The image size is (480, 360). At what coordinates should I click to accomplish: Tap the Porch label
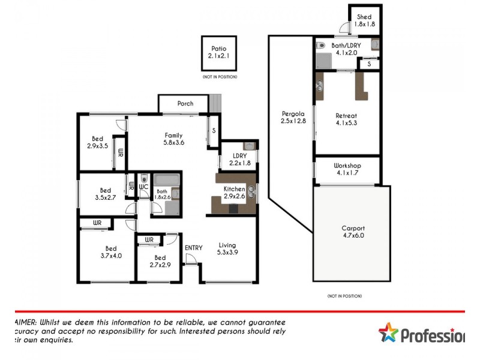click(185, 103)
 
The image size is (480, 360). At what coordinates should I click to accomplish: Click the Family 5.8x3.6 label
click(173, 139)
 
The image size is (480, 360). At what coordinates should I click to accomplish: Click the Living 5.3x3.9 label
click(227, 248)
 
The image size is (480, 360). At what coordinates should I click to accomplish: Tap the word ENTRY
click(194, 248)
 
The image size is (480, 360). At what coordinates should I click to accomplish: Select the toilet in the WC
click(143, 178)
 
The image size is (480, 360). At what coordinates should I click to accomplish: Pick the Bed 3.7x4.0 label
click(111, 251)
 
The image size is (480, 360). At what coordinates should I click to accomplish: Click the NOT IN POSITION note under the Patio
click(219, 77)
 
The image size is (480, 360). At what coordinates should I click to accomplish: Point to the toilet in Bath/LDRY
click(320, 45)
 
